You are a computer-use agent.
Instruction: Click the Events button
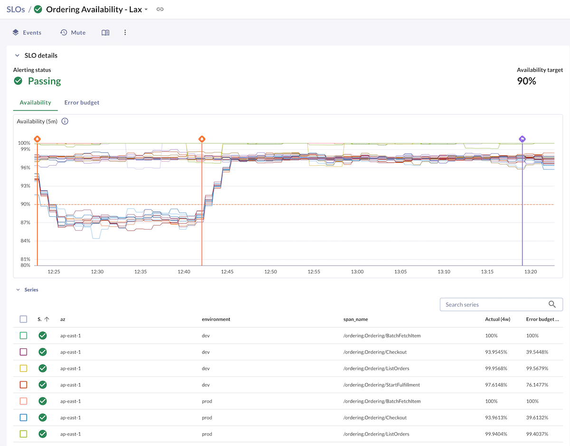pos(27,33)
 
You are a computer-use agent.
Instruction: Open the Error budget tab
pos(82,102)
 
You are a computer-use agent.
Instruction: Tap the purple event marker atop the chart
pos(522,139)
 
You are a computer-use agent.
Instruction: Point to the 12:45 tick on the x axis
pos(227,272)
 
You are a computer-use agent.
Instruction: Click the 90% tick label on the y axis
pos(24,204)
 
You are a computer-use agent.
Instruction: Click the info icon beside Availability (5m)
pos(65,121)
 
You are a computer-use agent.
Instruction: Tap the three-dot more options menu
pos(125,33)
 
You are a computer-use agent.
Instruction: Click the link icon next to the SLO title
pos(160,9)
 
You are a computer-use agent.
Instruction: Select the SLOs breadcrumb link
pos(16,9)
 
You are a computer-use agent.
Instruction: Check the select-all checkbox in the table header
pos(23,319)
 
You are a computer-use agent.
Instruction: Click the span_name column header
pos(355,319)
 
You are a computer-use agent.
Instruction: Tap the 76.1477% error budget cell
pos(537,385)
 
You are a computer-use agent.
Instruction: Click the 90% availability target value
pos(526,81)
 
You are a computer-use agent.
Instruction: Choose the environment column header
pos(216,319)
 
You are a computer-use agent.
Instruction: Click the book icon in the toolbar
pos(105,33)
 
